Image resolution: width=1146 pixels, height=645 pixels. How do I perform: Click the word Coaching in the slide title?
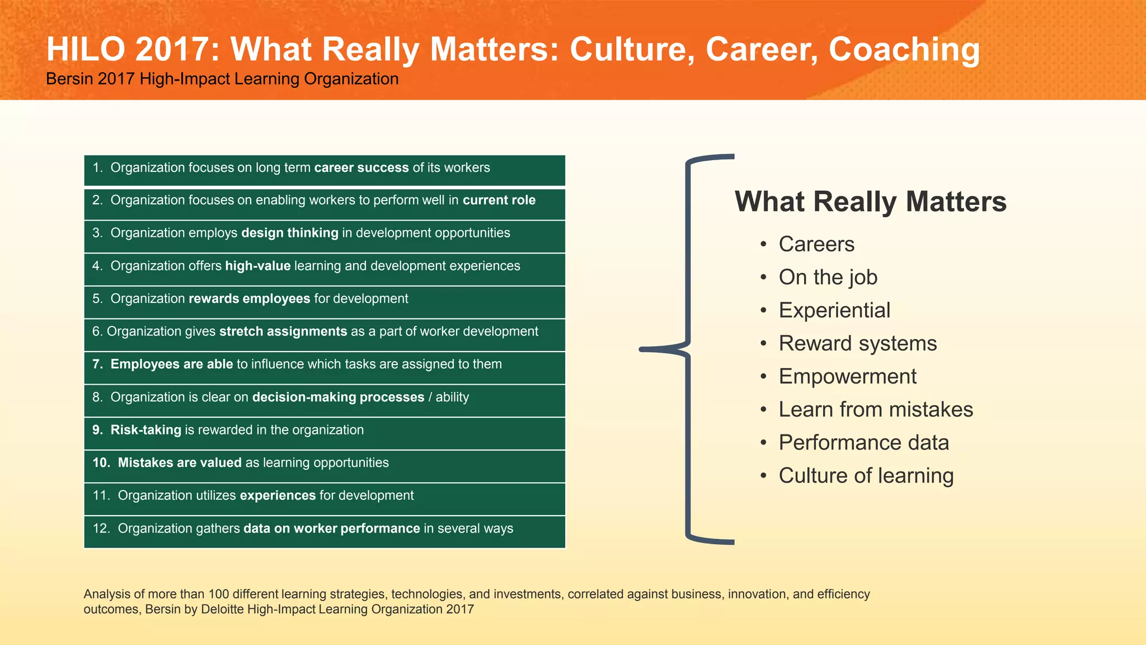(904, 50)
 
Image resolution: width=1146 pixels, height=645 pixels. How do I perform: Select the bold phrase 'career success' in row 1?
(361, 168)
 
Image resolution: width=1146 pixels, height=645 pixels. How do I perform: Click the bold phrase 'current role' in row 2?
(499, 200)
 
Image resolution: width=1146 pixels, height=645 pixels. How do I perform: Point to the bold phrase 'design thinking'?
(290, 233)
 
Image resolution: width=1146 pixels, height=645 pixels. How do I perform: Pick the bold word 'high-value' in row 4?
(257, 266)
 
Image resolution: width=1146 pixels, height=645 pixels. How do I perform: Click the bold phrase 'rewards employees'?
(249, 299)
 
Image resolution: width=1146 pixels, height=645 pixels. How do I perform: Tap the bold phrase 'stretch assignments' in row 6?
(283, 331)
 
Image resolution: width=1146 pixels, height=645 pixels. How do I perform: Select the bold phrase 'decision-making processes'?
(338, 398)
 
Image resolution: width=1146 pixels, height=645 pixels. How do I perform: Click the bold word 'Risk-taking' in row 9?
(145, 430)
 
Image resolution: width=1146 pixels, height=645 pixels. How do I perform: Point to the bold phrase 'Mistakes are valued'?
(180, 463)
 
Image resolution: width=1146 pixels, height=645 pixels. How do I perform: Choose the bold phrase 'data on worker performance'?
(331, 529)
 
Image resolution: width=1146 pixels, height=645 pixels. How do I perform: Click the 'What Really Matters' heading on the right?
(870, 202)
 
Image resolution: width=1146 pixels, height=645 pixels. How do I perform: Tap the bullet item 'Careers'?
(816, 245)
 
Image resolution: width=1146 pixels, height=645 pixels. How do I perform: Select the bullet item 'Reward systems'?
(857, 344)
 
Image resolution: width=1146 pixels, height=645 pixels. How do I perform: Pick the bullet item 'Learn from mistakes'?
(876, 410)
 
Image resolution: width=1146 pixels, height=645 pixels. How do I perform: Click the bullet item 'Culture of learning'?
(866, 476)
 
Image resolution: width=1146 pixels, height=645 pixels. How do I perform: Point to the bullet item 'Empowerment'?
(847, 377)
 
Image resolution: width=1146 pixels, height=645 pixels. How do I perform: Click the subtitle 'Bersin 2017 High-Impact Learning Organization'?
(222, 79)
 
